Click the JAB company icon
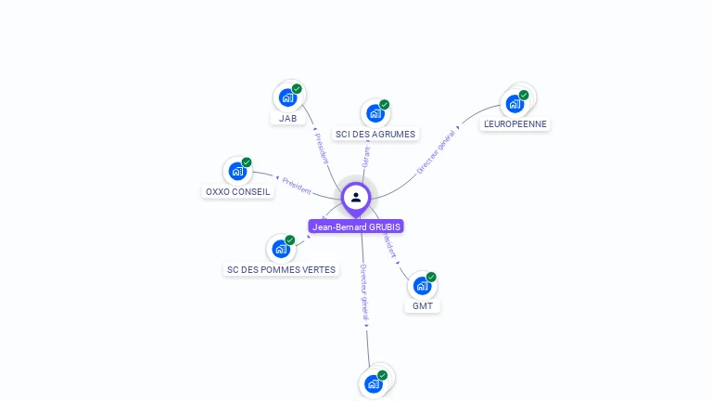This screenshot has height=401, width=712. pos(287,97)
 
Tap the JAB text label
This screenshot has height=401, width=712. pos(288,119)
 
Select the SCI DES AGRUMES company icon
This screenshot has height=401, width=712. pos(375,112)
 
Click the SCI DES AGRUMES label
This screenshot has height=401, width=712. pos(375,135)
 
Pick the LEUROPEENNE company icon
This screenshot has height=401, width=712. pos(515,103)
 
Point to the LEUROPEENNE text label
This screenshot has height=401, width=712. pos(515,124)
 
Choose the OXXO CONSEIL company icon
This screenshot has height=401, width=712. pos(237,171)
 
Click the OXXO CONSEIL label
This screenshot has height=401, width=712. pos(238,192)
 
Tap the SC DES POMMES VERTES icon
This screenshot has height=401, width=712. pos(281,249)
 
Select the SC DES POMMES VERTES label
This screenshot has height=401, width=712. pos(281,270)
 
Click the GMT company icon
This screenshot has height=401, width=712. pos(422,285)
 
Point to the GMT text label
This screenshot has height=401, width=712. pos(423,306)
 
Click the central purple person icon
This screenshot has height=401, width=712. pos(356,197)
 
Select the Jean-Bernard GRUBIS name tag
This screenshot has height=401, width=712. pos(356,226)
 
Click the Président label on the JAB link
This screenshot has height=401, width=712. pos(320,148)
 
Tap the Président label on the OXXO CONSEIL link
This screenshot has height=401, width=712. pos(297,185)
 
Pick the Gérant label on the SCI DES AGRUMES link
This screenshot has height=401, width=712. pos(365,155)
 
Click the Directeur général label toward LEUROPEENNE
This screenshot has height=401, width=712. pos(436,152)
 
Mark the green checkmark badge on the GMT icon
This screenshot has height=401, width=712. pos(431,277)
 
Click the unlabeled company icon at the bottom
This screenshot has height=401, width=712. pos(374,383)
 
